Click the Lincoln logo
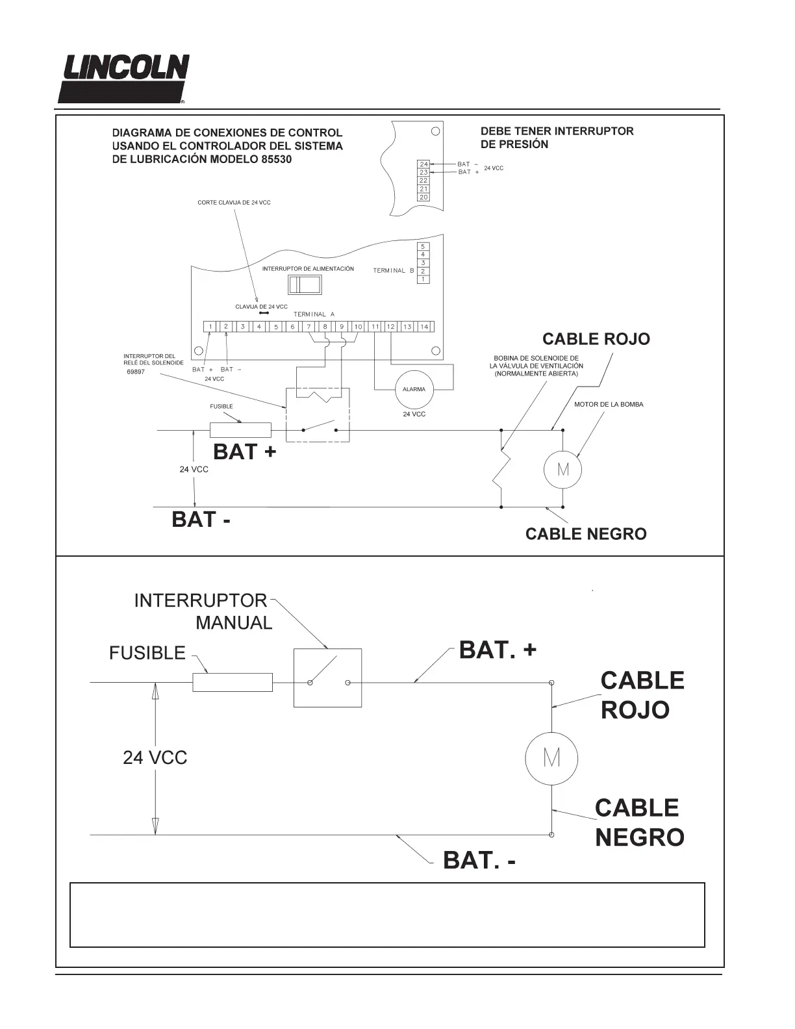pyautogui.click(x=123, y=79)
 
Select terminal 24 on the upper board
pyautogui.click(x=423, y=164)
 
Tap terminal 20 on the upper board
pyautogui.click(x=423, y=197)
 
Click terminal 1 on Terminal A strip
pyautogui.click(x=210, y=327)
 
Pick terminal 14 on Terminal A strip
pyautogui.click(x=425, y=327)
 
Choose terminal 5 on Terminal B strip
pyautogui.click(x=423, y=247)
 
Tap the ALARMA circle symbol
pyautogui.click(x=414, y=389)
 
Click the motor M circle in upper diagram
pyautogui.click(x=562, y=469)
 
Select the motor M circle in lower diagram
pyautogui.click(x=551, y=758)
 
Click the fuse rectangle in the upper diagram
pyautogui.click(x=240, y=430)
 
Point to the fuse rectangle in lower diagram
pyautogui.click(x=233, y=683)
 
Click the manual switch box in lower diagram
pyautogui.click(x=327, y=678)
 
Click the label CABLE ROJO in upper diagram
pyautogui.click(x=596, y=339)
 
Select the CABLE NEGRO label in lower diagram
pyautogui.click(x=639, y=822)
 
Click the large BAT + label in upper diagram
pyautogui.click(x=244, y=452)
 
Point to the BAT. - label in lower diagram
pyautogui.click(x=479, y=861)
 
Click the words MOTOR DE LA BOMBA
pyautogui.click(x=609, y=405)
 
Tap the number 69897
pyautogui.click(x=136, y=372)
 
